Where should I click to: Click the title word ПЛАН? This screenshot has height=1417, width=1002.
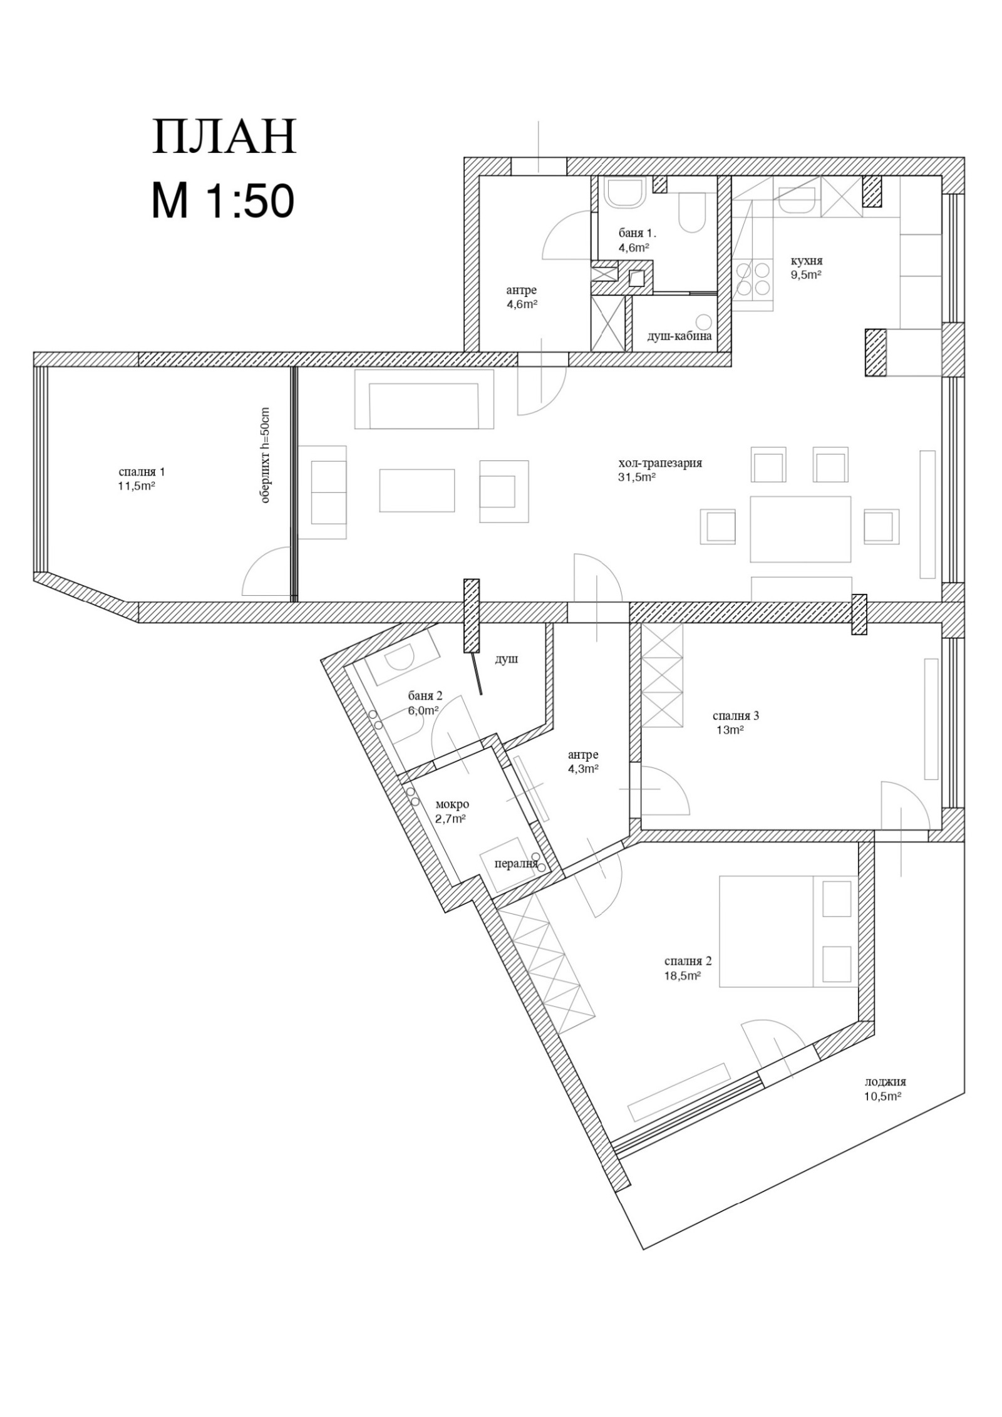tap(224, 137)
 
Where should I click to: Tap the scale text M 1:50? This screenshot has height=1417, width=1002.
tap(223, 202)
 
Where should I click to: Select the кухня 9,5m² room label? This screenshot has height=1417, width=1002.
tap(806, 267)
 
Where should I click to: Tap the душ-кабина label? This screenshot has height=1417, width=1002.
tap(679, 336)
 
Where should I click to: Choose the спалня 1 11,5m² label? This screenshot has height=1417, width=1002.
tap(137, 478)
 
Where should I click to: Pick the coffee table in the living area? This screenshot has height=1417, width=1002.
tap(417, 490)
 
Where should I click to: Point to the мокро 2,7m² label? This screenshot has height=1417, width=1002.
tap(451, 811)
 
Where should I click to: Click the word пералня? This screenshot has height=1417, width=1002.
tap(516, 864)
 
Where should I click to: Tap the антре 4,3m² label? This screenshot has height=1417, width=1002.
tap(583, 761)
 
